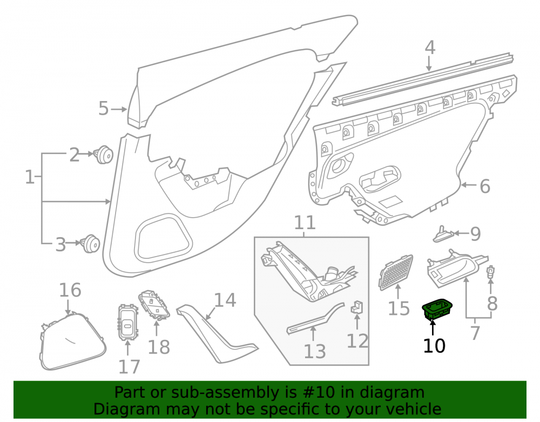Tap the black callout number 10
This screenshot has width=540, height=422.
(x=434, y=346)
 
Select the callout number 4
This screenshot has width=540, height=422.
(x=430, y=48)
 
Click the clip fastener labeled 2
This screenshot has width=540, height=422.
(x=104, y=155)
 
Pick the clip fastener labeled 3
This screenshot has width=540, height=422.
(x=90, y=244)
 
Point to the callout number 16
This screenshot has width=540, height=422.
(x=70, y=290)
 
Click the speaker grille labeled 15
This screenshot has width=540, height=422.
(x=396, y=272)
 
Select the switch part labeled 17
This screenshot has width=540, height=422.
(x=127, y=321)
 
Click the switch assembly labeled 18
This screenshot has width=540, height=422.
(x=154, y=305)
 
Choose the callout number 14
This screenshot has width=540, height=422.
(x=225, y=300)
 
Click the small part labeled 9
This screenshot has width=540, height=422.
(x=443, y=235)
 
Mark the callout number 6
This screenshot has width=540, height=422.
(x=485, y=186)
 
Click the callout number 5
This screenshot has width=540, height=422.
(x=103, y=108)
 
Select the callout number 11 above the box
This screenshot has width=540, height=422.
(x=305, y=223)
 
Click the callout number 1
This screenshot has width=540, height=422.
(x=30, y=177)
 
